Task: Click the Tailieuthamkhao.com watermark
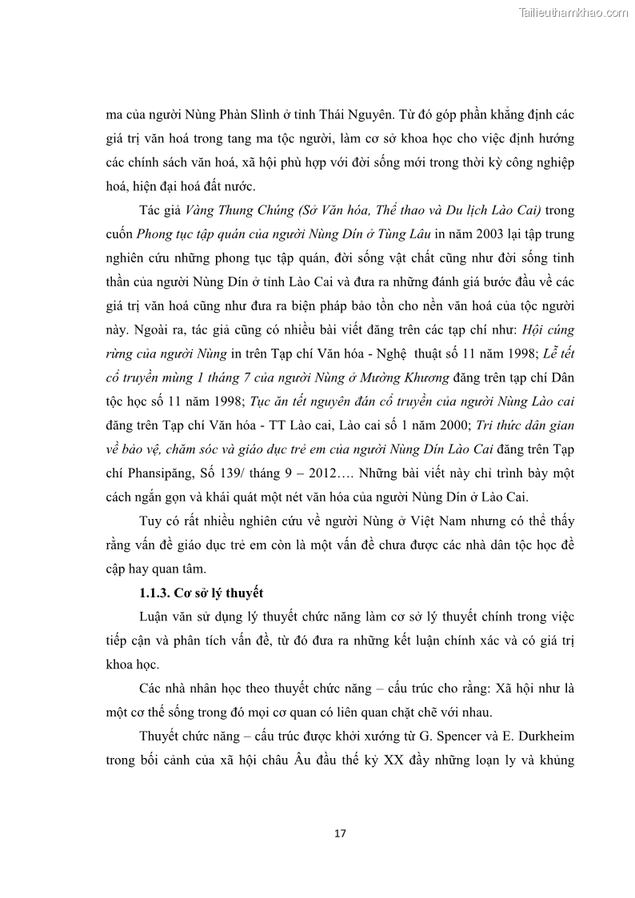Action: [574, 12]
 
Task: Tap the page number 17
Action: [340, 833]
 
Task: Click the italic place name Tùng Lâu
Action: [400, 233]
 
